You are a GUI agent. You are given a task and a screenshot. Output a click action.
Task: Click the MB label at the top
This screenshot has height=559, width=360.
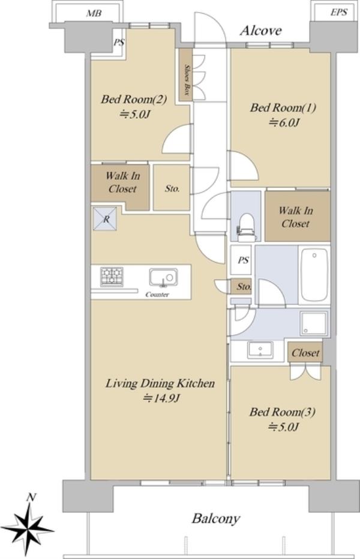coord(94,14)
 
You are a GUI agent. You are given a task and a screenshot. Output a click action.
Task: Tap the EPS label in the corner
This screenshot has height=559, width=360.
coord(338,13)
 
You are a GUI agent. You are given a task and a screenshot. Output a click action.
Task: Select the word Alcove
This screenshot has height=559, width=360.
coord(261,31)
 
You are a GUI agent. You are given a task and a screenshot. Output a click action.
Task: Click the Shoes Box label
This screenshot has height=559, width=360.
coord(186,80)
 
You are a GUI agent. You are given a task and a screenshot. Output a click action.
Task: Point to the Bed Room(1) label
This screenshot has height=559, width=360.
coord(283,108)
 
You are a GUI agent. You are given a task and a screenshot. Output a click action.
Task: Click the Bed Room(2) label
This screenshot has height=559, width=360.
coord(134,99)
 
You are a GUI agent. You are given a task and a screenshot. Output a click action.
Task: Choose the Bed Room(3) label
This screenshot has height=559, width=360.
coord(282,412)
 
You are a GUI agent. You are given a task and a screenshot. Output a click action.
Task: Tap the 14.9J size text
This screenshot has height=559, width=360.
coord(161,398)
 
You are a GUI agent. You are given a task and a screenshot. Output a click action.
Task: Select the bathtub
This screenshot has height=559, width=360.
coord(314,275)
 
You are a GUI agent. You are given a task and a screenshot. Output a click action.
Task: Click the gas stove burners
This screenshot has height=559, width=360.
coord(112,277)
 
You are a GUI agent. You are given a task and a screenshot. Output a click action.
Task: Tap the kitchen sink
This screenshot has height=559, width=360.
coord(163,277)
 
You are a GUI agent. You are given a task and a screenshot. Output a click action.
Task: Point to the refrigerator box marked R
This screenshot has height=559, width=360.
coord(105,219)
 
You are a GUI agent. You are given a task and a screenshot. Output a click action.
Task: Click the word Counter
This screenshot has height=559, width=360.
coord(157,295)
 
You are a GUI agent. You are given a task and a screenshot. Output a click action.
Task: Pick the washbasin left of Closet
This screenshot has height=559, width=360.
coord(260,349)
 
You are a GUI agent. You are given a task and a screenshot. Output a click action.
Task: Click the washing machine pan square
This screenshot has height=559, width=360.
coord(314,323)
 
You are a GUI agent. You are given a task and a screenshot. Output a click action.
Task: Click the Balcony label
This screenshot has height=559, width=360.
coord(216,519)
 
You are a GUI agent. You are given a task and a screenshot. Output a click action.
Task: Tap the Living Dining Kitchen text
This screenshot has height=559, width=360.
coord(160,383)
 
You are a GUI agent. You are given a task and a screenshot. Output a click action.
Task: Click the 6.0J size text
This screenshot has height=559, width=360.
coord(284,122)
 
